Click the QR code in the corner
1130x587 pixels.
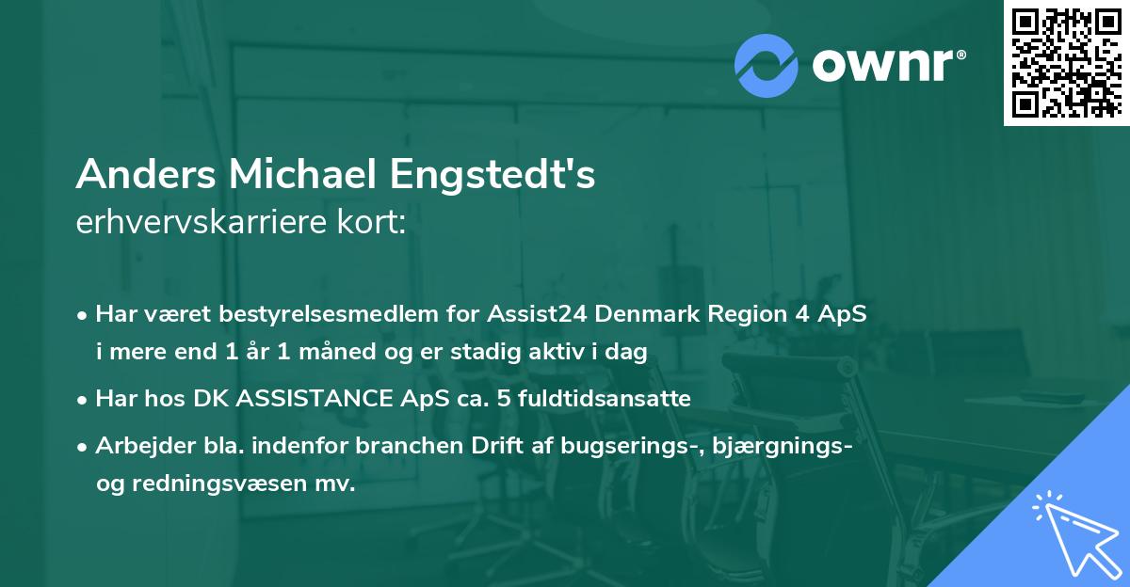point(1067,63)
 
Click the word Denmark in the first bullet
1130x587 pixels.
point(654,315)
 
